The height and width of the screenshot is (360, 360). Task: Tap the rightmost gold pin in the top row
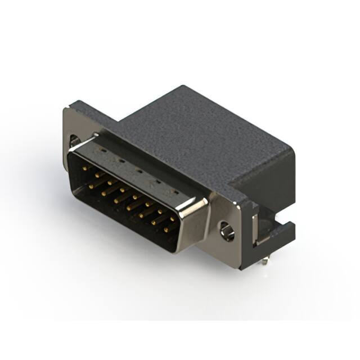pyautogui.click(x=173, y=219)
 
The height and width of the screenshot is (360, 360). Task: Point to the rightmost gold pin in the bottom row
pyautogui.click(x=167, y=230)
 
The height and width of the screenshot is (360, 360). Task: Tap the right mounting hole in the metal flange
pyautogui.click(x=227, y=231)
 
